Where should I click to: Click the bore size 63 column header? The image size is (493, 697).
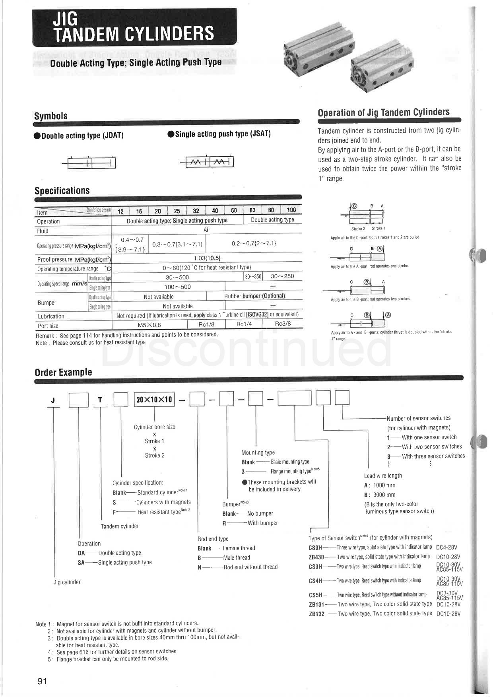(x=252, y=210)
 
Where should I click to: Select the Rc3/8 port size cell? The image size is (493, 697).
(x=283, y=324)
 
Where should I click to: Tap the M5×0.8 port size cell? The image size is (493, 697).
(x=149, y=325)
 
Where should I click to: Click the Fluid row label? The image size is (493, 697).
(x=43, y=231)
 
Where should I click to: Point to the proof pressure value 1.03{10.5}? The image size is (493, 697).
(x=207, y=258)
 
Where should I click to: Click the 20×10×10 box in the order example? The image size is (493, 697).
(x=154, y=399)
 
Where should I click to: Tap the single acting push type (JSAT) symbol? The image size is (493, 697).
(x=210, y=162)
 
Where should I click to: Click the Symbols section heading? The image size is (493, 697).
(x=51, y=116)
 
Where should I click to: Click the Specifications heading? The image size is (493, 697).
(x=62, y=190)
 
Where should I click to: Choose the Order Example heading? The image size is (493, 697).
(x=63, y=372)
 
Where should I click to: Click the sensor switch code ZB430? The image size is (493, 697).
(x=316, y=557)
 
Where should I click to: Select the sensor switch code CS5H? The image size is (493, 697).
(x=316, y=595)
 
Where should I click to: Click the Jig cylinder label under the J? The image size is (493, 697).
(x=67, y=582)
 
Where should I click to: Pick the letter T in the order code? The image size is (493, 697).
(x=100, y=400)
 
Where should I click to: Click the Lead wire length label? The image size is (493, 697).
(x=383, y=476)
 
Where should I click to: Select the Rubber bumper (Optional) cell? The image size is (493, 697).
(x=254, y=296)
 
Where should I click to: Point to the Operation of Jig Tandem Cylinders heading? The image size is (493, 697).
(x=384, y=112)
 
